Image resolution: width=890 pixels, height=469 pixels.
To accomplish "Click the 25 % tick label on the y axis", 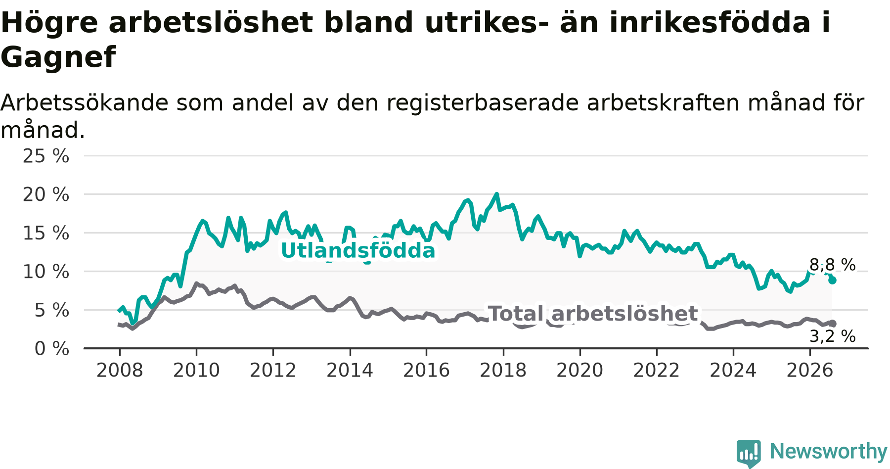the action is click(46, 156).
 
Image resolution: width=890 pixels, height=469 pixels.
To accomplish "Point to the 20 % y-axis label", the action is click(46, 195).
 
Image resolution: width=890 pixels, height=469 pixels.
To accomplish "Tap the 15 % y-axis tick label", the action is click(46, 234).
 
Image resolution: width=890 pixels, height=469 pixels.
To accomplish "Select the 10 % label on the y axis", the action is click(46, 272).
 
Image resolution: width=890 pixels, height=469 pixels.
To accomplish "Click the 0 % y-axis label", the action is click(52, 349).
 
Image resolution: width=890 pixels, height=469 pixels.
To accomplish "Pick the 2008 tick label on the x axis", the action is click(120, 371).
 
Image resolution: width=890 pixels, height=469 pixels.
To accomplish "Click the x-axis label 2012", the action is click(273, 371).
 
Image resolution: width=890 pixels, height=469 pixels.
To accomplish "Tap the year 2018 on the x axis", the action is click(503, 371).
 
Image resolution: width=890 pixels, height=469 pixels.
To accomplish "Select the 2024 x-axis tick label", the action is click(733, 371).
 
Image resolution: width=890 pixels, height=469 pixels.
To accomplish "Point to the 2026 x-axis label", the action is click(810, 371).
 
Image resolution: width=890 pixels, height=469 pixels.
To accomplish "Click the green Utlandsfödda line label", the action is click(358, 251).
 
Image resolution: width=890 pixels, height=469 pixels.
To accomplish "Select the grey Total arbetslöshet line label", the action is click(593, 314).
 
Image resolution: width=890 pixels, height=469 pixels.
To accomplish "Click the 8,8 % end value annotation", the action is click(833, 265).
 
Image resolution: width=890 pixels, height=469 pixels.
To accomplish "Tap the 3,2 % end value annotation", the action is click(833, 336).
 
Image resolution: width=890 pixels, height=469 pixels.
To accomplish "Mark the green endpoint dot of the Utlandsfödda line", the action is click(833, 281).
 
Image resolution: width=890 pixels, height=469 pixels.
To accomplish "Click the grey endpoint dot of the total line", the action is click(833, 324).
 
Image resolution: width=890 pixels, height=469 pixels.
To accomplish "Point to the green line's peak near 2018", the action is click(497, 194).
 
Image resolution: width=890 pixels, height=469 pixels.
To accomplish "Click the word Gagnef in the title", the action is click(58, 57).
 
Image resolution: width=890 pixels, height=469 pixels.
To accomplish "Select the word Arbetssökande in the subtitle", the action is click(85, 103).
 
